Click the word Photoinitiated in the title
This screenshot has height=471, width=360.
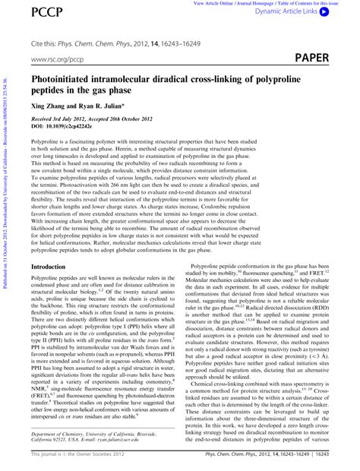(65, 78)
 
